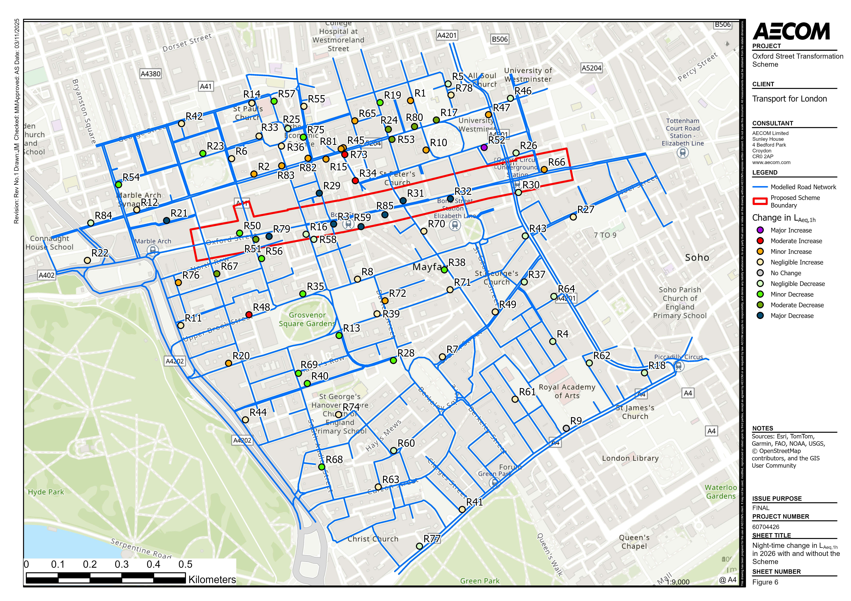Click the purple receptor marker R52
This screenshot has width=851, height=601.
tap(484, 147)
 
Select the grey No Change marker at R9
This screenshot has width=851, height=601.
tap(566, 428)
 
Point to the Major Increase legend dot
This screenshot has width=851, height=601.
tap(760, 230)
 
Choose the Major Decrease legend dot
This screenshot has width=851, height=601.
tap(760, 316)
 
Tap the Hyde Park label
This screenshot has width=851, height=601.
tap(46, 492)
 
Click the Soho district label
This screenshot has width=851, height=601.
tap(697, 258)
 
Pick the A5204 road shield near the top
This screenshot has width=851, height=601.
tap(591, 68)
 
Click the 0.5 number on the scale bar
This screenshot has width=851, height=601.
tap(185, 564)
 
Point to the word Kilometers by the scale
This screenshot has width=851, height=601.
tap(212, 580)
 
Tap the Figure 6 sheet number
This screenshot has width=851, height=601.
tap(765, 582)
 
